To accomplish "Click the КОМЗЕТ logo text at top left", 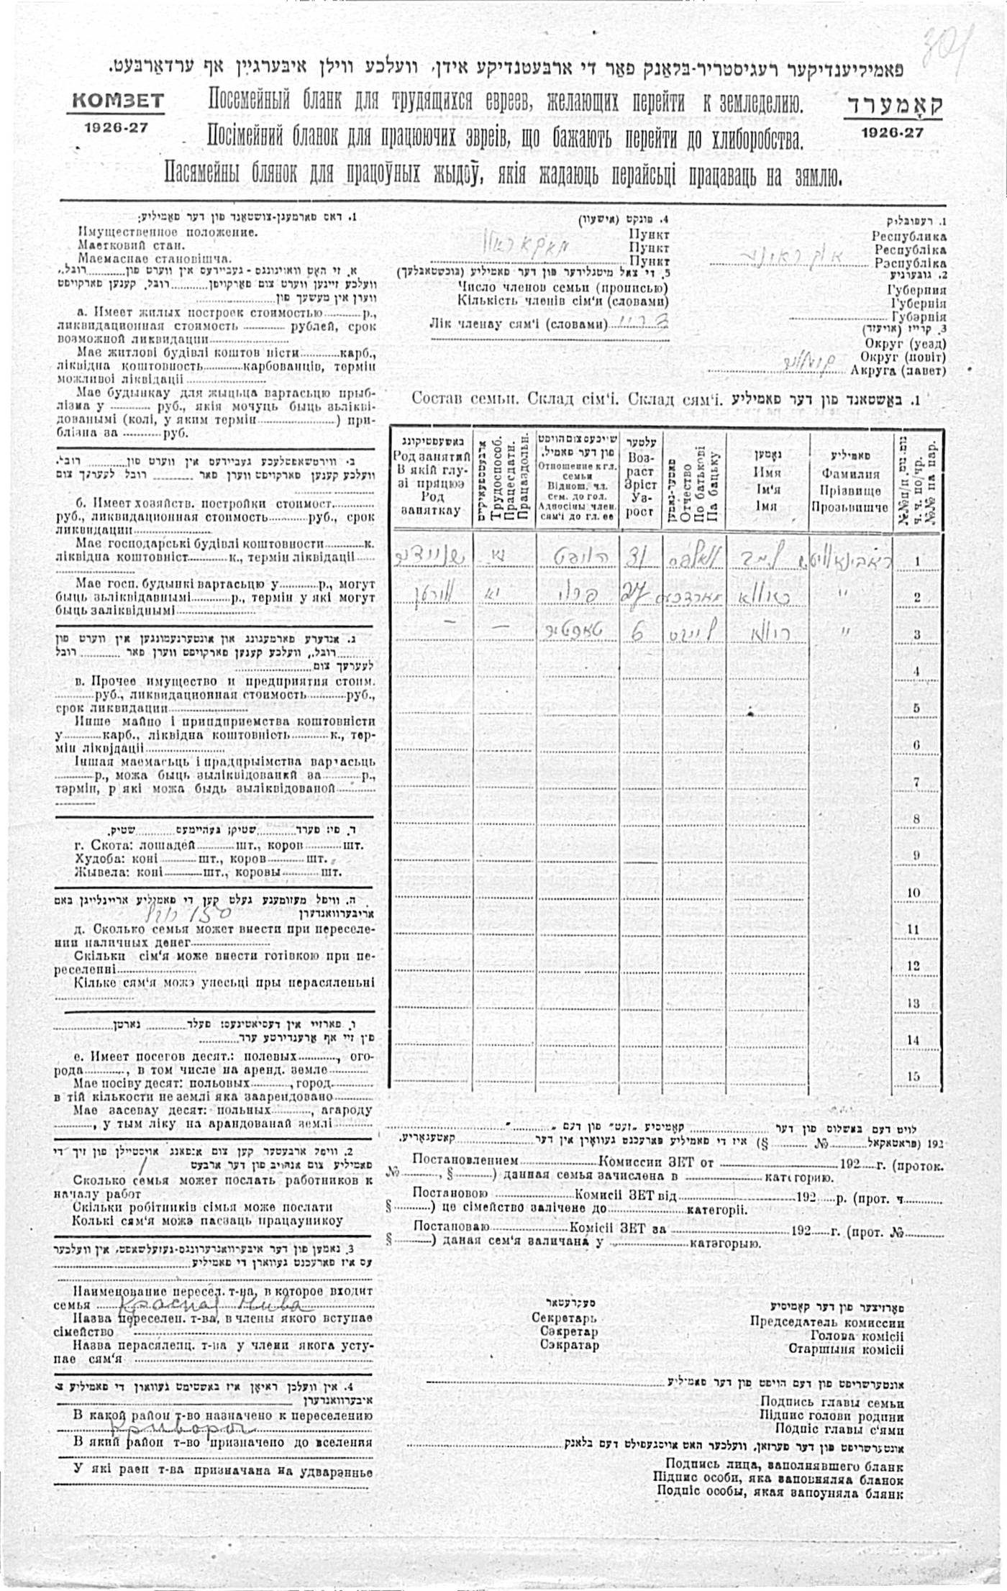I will point(116,101).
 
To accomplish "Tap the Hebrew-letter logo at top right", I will point(893,105).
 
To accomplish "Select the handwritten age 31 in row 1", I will point(638,557).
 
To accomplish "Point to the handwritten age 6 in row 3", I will point(637,631).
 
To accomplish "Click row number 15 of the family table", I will point(913,1076).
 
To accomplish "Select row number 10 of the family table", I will point(913,892).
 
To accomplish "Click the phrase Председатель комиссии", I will point(826,1321).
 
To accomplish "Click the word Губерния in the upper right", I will point(917,290).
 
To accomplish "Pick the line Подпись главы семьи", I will point(831,1401).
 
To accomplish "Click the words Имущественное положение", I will point(167,232).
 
